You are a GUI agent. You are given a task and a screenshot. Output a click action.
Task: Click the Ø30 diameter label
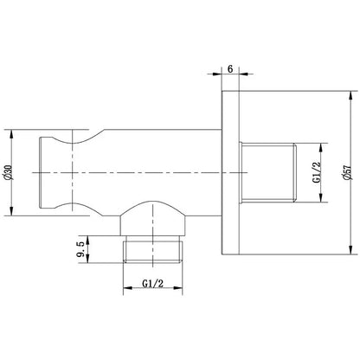[9, 173]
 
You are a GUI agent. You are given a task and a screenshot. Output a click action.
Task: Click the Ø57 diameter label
[345, 173]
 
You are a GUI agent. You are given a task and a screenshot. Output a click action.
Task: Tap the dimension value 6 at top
[230, 69]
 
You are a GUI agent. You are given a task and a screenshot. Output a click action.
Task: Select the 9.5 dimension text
[81, 249]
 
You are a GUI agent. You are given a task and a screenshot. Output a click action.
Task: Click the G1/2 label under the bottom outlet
[153, 284]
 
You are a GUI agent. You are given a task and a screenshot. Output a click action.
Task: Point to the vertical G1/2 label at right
[317, 172]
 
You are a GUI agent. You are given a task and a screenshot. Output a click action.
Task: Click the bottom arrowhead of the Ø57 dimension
[350, 250]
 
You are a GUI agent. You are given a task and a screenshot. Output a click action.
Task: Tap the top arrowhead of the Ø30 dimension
[11, 134]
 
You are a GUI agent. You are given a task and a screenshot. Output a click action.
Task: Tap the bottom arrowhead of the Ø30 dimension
[11, 211]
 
